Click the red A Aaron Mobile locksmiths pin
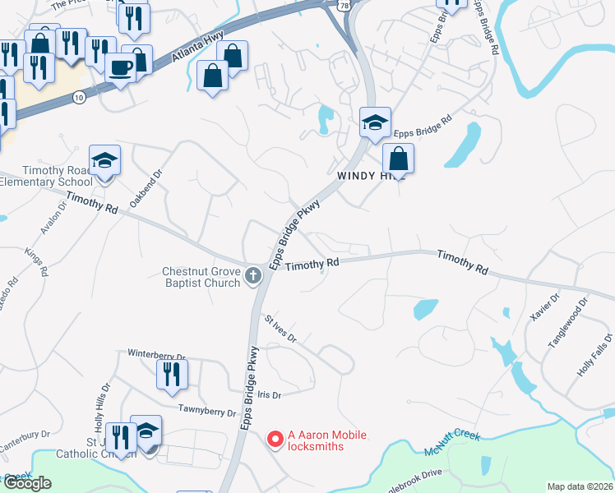275,440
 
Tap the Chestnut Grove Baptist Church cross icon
254,275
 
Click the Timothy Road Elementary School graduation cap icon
105,160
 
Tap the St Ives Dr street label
280,327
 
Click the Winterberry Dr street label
156,354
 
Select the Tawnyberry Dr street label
207,410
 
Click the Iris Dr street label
269,395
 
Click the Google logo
27,482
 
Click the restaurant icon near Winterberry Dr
173,375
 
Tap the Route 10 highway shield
79,96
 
